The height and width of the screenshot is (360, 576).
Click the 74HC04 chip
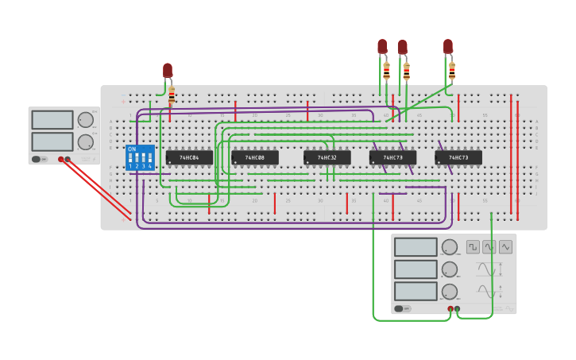189,157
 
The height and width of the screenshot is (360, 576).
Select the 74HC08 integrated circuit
254,157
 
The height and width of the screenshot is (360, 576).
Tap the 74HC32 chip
327,157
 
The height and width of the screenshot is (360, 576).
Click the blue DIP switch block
140,157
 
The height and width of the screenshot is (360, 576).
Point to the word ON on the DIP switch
132,149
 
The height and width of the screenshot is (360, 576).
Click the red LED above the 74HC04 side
168,70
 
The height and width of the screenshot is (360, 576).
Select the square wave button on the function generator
473,246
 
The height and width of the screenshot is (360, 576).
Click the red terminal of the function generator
450,308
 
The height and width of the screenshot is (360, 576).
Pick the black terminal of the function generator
457,308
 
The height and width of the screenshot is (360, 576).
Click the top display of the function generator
416,247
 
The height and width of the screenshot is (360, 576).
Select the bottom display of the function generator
416,291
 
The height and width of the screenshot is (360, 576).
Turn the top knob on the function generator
450,247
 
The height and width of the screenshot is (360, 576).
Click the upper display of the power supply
52,120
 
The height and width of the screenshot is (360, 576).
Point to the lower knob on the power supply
85,142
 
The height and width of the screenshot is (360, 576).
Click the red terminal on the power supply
60,159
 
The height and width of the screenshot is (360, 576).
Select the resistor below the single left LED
172,95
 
